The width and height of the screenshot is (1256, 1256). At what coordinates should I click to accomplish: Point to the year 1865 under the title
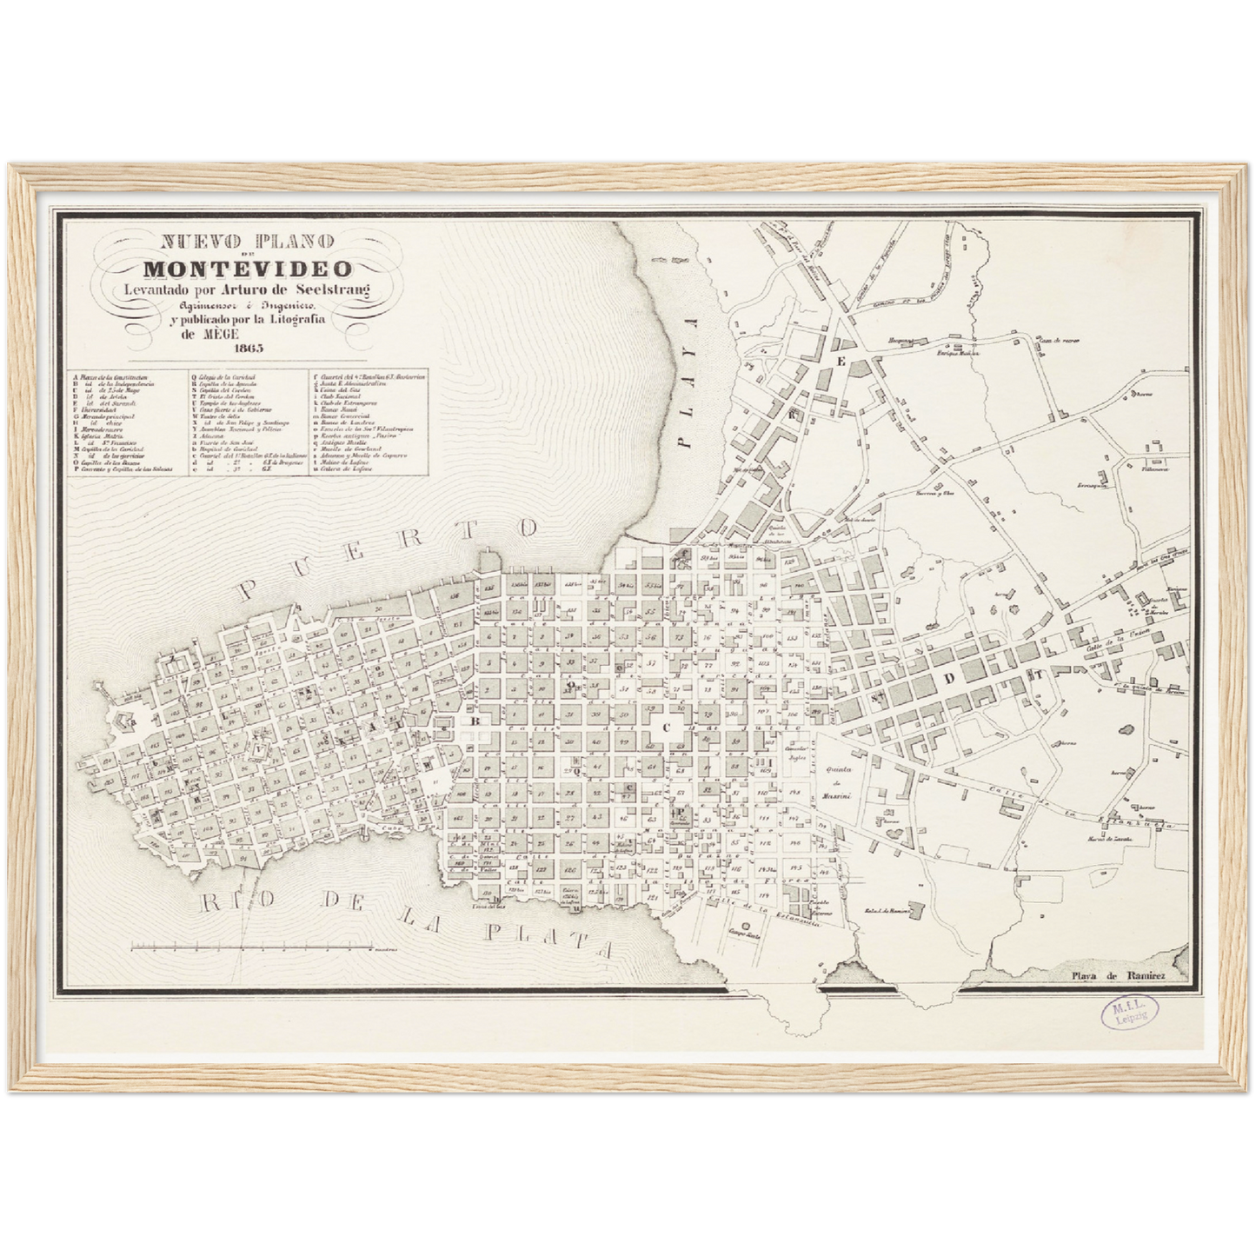point(247,349)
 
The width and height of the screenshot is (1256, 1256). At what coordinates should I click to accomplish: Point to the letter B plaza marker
point(475,721)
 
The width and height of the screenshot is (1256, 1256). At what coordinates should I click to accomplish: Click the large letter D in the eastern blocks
point(950,677)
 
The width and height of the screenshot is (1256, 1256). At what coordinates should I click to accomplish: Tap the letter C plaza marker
point(668,728)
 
